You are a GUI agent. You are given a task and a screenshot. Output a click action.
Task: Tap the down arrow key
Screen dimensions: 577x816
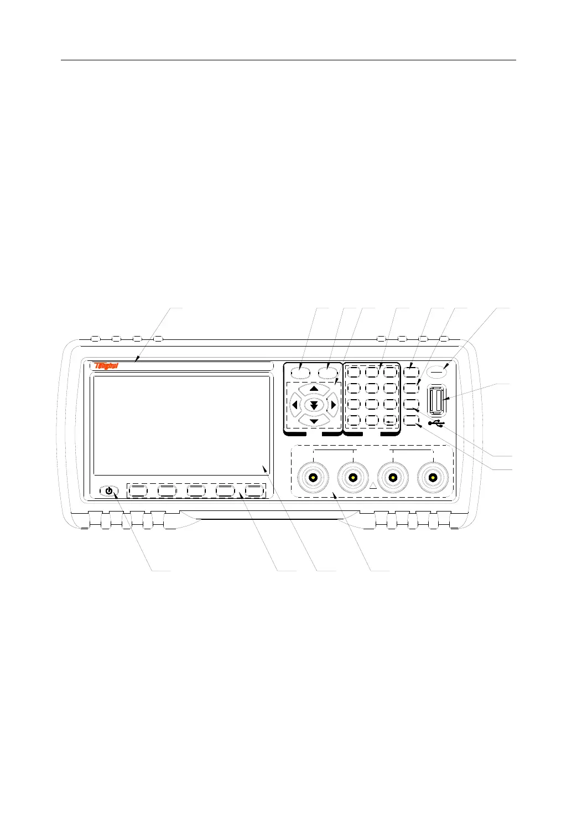pos(314,422)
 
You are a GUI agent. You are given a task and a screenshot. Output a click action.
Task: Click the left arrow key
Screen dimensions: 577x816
pos(294,405)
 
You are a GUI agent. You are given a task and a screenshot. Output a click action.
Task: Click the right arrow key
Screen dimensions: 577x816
pos(333,405)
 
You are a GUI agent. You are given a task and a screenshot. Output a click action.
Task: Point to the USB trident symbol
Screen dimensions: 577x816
pos(436,424)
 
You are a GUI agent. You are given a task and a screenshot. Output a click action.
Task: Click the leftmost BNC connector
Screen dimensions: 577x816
pos(313,477)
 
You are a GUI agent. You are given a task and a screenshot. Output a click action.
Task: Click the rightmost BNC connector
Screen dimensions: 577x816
pos(433,477)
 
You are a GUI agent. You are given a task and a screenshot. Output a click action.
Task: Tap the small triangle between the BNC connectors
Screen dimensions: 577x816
pos(373,486)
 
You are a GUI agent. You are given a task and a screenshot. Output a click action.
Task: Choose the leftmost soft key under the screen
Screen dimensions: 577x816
pos(138,490)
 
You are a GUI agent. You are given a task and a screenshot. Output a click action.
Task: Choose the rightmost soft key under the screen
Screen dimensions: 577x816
pos(254,490)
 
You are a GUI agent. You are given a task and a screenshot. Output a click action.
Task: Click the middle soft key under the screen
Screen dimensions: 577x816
pos(196,490)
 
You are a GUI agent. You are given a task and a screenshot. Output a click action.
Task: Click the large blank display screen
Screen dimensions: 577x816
pos(182,425)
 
